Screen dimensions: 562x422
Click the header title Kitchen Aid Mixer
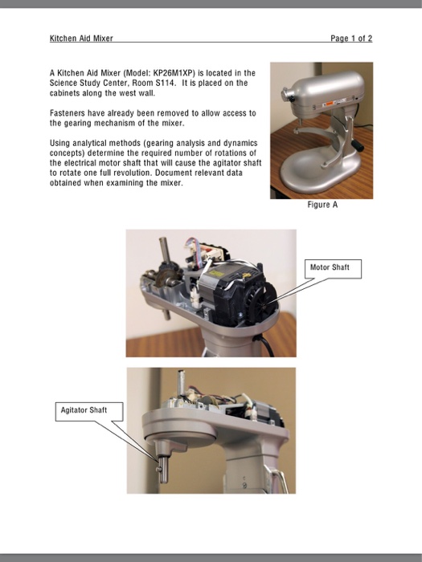81,39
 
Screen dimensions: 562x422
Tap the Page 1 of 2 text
351,39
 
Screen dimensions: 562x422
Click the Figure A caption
322,206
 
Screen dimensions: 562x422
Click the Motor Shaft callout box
330,267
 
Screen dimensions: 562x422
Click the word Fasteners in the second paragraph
68,113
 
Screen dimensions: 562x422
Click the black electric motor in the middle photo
241,297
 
